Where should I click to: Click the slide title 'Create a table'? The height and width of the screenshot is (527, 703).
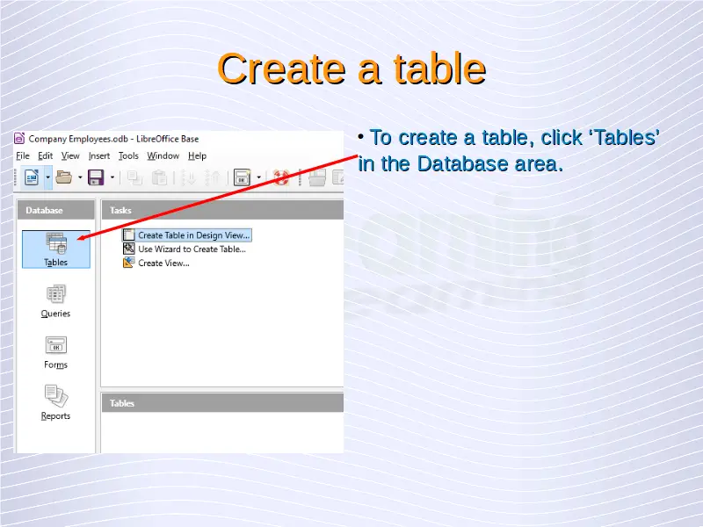pyautogui.click(x=351, y=69)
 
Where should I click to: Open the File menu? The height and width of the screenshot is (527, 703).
pyautogui.click(x=23, y=156)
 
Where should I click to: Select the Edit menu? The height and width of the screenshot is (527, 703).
pyautogui.click(x=46, y=156)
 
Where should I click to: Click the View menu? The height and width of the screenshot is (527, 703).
pyautogui.click(x=70, y=156)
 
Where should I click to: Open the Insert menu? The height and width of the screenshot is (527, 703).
pyautogui.click(x=99, y=156)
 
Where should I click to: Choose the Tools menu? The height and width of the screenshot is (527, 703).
pyautogui.click(x=128, y=156)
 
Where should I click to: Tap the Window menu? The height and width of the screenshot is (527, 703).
pyautogui.click(x=163, y=156)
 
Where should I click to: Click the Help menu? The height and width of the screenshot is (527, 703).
pyautogui.click(x=197, y=156)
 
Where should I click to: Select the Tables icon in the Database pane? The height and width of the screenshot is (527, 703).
pyautogui.click(x=56, y=249)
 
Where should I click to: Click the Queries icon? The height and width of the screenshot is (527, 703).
pyautogui.click(x=55, y=300)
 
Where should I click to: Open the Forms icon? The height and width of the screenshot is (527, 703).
pyautogui.click(x=55, y=352)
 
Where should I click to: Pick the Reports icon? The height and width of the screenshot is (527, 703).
pyautogui.click(x=55, y=403)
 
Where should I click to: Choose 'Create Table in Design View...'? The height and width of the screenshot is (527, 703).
pyautogui.click(x=193, y=235)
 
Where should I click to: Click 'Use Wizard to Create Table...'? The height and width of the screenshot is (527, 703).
pyautogui.click(x=192, y=249)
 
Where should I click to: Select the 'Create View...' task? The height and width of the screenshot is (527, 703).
pyautogui.click(x=163, y=263)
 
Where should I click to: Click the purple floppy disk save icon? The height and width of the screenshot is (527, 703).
pyautogui.click(x=96, y=178)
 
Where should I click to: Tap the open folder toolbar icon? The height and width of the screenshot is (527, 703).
pyautogui.click(x=63, y=178)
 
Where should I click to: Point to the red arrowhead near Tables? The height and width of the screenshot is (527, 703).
pyautogui.click(x=81, y=237)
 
